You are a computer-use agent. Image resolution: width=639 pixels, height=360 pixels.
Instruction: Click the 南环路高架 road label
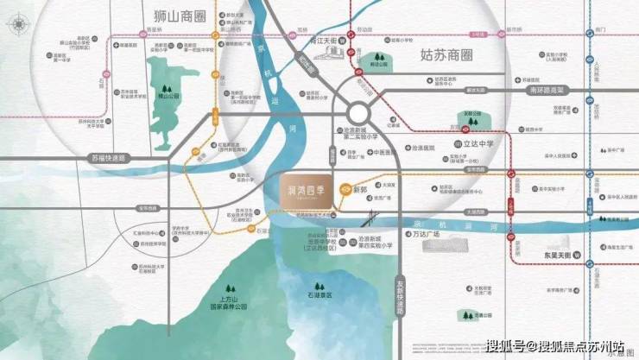tap(541, 89)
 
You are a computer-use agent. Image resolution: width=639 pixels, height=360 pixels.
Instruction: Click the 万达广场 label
tap(424, 234)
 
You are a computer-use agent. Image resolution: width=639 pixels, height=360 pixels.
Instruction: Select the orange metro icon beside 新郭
tap(345, 187)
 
